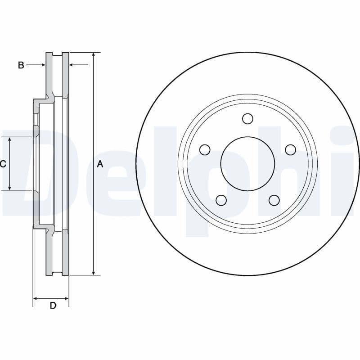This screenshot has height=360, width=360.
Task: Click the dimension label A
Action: coord(100,164)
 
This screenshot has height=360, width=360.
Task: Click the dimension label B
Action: coord(21,65)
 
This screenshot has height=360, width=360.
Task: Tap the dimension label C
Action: coord(3,164)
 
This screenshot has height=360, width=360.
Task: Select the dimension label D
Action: coord(53,306)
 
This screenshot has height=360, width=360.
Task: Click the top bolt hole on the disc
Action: coord(247,118)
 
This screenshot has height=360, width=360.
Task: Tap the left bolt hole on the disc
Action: coord(205,149)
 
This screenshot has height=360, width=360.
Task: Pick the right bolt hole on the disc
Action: coord(290,149)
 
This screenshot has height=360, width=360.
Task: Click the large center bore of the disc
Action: coord(247,163)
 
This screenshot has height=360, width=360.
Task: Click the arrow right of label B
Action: coord(42,65)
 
